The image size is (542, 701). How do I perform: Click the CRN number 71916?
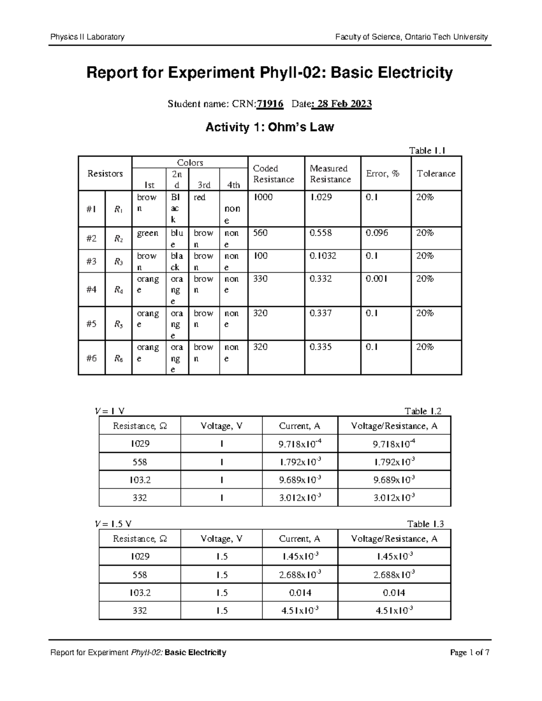coord(270,104)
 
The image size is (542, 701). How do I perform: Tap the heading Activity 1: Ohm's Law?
coord(270,127)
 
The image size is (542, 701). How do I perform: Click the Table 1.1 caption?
coord(427,151)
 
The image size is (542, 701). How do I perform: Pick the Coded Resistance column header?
coord(273,174)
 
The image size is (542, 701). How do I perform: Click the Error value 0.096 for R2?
coord(377,233)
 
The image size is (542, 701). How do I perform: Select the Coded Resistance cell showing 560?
coord(260,233)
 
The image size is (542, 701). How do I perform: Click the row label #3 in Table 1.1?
coord(91,261)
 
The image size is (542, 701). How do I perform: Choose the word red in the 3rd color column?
coord(200,197)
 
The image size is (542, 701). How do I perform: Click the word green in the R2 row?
coord(148,233)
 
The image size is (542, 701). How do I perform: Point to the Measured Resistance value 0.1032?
coord(322,256)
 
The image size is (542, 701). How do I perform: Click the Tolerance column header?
coord(436,174)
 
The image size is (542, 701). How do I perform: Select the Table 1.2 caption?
coord(423,411)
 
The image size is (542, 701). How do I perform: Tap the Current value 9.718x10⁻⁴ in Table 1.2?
coord(300,444)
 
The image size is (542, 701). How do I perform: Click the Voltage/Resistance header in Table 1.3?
coord(394,539)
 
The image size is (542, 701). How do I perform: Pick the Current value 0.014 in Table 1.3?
coord(300,593)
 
